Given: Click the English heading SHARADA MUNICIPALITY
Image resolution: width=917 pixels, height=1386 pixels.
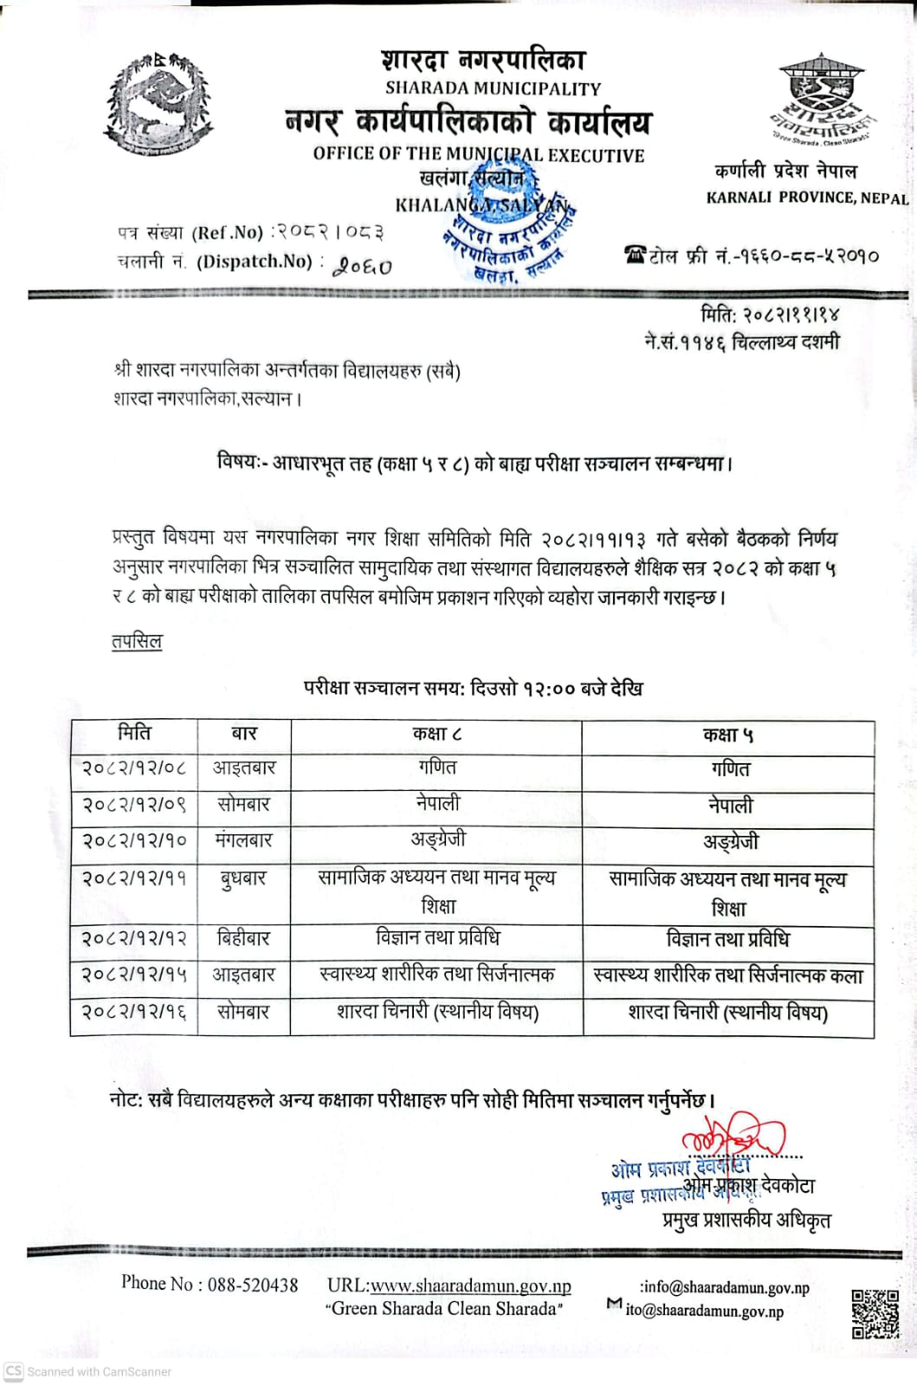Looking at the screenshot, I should point(492,88).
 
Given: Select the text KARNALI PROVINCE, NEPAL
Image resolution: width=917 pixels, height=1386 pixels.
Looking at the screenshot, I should point(806,198).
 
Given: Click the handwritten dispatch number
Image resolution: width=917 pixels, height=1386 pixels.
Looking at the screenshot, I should point(365,265).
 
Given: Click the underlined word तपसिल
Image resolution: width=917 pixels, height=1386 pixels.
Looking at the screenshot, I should point(137,642).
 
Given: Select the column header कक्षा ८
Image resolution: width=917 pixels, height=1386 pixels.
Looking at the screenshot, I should point(436,735).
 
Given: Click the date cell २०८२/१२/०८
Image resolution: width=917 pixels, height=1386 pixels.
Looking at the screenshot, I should point(134,768).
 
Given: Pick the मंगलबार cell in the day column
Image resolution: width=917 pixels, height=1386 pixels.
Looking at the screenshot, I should point(244,840).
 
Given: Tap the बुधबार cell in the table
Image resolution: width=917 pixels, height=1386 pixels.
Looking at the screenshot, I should point(244,878).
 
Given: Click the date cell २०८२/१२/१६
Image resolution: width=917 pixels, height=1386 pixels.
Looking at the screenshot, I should point(134,1011).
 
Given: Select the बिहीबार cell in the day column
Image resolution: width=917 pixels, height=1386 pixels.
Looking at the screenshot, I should point(244,938).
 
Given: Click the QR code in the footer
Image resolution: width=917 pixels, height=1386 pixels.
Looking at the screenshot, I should point(875,1314).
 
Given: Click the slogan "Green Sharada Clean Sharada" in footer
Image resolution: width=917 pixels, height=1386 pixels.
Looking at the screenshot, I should point(444,1309).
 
